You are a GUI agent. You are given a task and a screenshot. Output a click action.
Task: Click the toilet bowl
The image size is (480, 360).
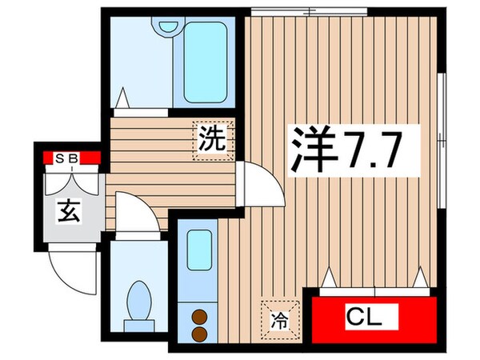(141, 301)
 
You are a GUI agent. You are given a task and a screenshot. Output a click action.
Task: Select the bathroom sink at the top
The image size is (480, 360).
(167, 25)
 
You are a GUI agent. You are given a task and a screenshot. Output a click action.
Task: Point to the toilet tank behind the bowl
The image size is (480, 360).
(141, 324)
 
